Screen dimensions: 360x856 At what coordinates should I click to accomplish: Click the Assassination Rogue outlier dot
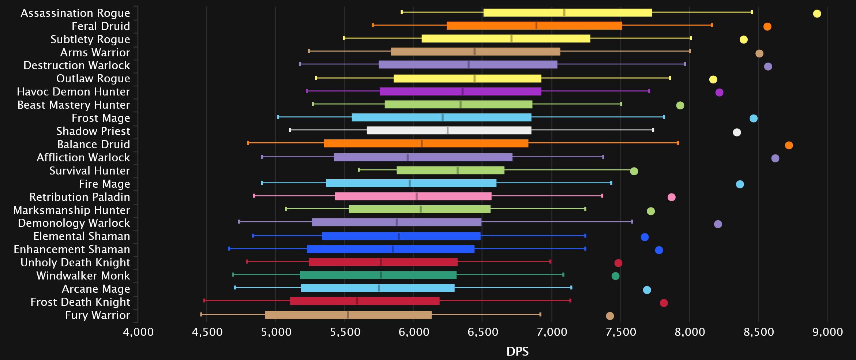click(817, 14)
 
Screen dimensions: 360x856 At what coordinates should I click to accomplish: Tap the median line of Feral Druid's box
click(536, 26)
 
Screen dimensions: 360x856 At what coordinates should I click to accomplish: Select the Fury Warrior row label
click(97, 315)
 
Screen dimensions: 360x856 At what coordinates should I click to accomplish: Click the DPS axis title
click(517, 351)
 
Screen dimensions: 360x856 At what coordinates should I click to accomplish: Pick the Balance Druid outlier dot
click(789, 145)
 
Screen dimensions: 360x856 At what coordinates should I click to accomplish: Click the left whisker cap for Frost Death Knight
click(204, 300)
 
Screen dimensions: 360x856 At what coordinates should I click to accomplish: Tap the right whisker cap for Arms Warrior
click(690, 51)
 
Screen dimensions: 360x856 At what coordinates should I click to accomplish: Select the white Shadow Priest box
click(449, 130)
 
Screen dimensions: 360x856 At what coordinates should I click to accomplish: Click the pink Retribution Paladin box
click(413, 196)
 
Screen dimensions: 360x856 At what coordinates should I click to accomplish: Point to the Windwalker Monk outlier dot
click(615, 276)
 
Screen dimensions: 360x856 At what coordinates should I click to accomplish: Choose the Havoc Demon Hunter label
click(74, 91)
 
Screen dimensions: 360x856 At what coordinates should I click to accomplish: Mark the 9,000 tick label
click(827, 332)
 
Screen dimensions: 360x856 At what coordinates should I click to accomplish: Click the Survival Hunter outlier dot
click(634, 171)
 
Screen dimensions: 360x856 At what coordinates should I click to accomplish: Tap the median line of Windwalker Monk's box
click(381, 275)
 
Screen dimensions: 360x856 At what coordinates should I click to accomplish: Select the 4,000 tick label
click(138, 332)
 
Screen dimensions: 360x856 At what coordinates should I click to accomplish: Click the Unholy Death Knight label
click(75, 262)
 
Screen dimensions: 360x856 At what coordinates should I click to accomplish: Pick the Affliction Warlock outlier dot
click(775, 158)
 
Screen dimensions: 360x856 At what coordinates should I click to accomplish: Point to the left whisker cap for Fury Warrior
click(201, 314)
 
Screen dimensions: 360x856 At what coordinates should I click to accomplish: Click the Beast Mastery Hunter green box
click(458, 104)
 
